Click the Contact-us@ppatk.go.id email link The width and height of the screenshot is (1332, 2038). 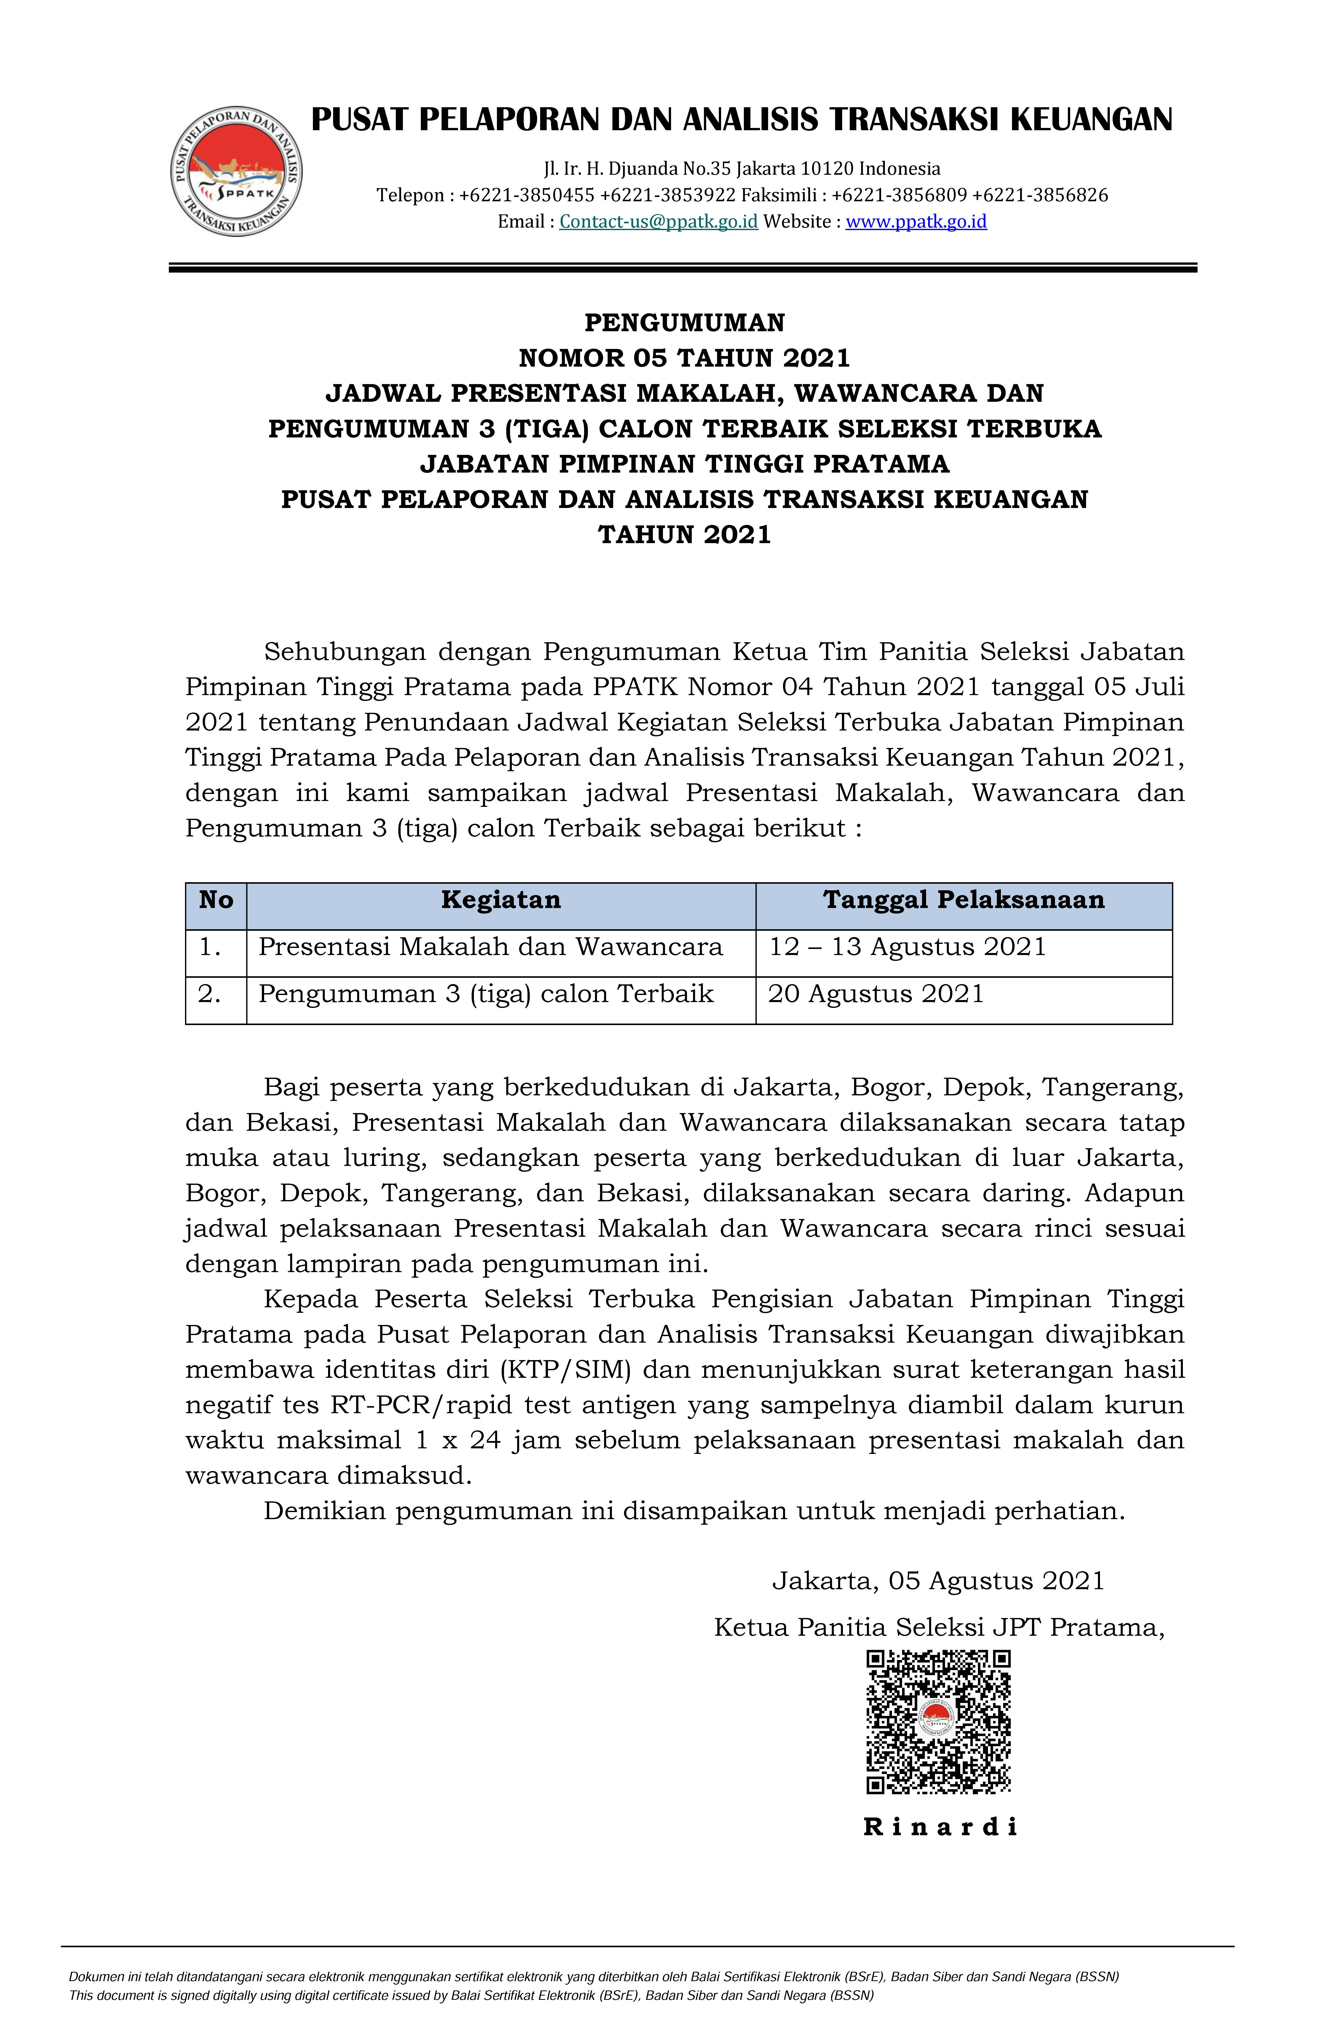click(658, 222)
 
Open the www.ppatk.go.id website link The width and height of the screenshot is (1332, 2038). click(916, 222)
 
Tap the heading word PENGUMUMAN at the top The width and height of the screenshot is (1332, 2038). click(684, 323)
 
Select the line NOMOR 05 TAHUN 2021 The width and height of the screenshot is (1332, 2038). click(684, 358)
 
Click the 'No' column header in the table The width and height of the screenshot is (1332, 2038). click(216, 900)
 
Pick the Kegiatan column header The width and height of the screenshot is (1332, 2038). click(501, 900)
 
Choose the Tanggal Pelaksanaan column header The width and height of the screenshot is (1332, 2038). click(964, 900)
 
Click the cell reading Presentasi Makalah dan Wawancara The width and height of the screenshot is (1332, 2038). click(491, 947)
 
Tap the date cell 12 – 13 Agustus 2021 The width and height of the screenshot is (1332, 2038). click(907, 947)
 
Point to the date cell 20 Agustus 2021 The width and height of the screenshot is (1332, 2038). click(876, 994)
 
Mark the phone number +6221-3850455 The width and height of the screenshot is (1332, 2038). click(526, 195)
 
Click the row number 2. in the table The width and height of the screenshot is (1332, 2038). click(210, 994)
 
